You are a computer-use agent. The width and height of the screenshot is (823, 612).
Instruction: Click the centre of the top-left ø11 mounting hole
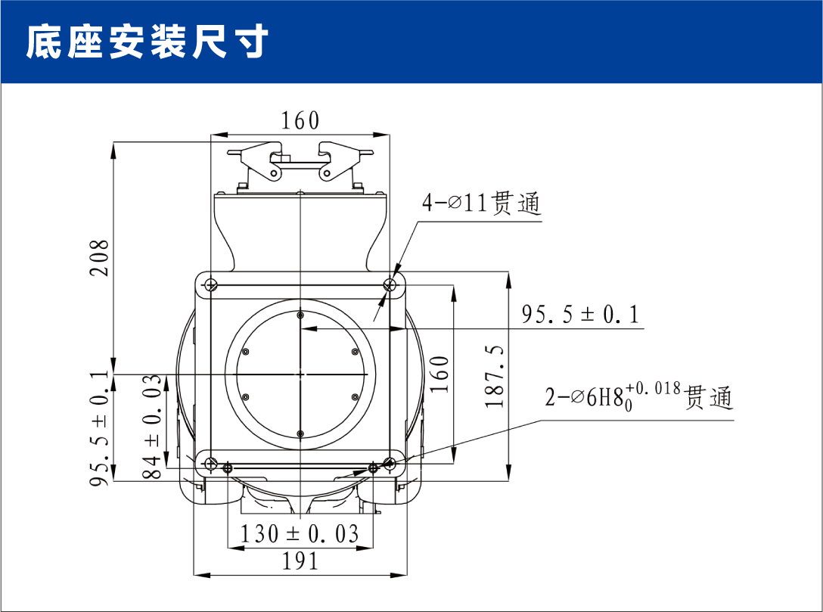(x=210, y=285)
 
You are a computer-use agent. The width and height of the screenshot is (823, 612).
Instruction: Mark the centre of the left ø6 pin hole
(x=228, y=468)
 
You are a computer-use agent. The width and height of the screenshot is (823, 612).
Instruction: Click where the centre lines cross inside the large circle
(x=300, y=374)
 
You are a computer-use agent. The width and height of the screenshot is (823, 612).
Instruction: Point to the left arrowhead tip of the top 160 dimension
(x=210, y=135)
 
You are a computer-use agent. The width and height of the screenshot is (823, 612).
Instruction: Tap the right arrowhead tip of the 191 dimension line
(x=407, y=575)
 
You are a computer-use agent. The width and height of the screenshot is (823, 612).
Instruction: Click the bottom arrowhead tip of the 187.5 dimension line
(x=508, y=481)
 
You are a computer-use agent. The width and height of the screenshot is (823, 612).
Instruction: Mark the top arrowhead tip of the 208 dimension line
(x=113, y=141)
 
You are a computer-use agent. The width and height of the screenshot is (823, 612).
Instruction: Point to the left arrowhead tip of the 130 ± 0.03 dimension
(x=228, y=548)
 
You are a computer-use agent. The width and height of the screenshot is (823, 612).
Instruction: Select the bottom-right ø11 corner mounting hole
(x=390, y=464)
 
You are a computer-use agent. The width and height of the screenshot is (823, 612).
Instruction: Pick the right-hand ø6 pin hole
(x=373, y=468)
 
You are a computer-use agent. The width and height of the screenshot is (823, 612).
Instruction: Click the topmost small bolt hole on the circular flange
(x=300, y=315)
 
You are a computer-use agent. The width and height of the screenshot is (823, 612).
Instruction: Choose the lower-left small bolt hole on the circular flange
(x=245, y=397)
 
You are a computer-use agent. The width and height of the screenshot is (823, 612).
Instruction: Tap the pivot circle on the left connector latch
(x=274, y=172)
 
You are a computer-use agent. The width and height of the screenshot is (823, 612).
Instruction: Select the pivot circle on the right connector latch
(x=326, y=172)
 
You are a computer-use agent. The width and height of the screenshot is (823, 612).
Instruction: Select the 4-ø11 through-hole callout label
(x=481, y=203)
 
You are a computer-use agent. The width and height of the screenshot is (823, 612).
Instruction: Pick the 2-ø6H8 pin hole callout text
(x=638, y=397)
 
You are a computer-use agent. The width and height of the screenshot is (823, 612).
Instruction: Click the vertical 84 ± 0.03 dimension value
(x=152, y=426)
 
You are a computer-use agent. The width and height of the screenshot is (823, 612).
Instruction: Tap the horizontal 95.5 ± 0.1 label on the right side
(x=580, y=315)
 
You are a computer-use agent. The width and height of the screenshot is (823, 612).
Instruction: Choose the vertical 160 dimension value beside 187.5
(x=439, y=374)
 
